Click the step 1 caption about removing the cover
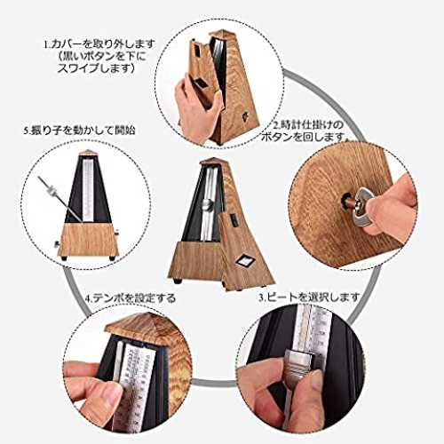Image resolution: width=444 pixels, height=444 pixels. point(100,57)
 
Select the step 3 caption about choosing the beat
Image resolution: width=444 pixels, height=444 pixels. point(309,297)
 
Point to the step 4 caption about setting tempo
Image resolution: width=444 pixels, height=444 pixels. point(131,297)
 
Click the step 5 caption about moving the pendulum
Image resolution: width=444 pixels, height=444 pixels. point(80,131)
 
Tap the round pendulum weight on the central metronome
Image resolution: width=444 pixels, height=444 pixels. point(208,204)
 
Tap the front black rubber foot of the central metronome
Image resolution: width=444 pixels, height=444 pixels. point(178,281)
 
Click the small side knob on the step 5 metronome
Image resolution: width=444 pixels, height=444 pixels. point(56,244)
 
